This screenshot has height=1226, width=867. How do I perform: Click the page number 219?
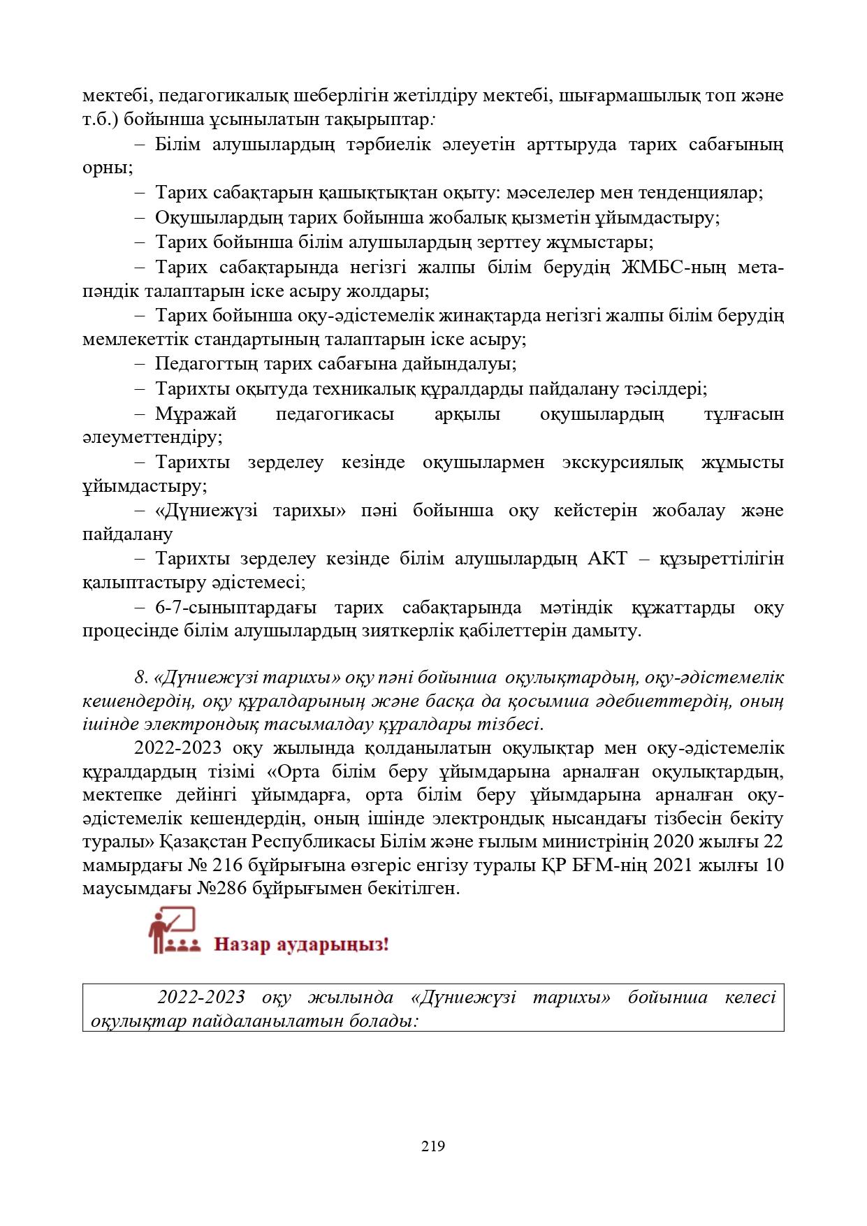[433, 1146]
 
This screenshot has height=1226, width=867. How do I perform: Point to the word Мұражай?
[196, 414]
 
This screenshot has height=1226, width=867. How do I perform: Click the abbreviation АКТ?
[610, 559]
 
